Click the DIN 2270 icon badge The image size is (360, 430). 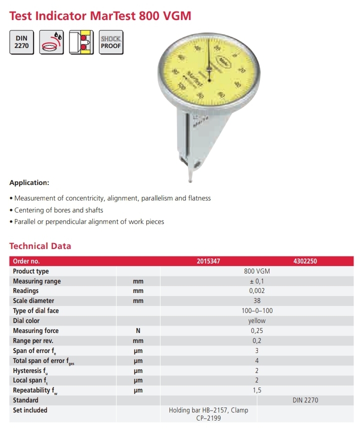pos(21,42)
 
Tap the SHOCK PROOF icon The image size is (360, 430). pos(110,42)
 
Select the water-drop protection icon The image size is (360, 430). pos(51,42)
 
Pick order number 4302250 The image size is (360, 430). pos(305,261)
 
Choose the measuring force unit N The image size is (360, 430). pos(138,331)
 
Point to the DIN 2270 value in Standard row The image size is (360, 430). pos(305,400)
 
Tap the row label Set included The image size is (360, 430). pos(30,410)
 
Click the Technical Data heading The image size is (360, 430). pos(40,246)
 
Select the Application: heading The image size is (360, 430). pos(29,183)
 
